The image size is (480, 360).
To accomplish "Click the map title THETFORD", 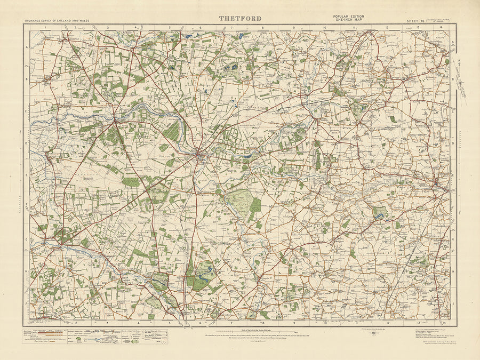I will pyautogui.click(x=240, y=19).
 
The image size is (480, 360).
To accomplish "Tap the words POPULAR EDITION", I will pyautogui.click(x=349, y=17).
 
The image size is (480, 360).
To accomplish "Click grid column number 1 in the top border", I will pyautogui.click(x=46, y=26).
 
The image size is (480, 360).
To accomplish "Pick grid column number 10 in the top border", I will pyautogui.click(x=325, y=26).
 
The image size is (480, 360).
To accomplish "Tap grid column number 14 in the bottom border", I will pyautogui.click(x=443, y=323).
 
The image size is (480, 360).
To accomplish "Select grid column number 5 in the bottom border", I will pyautogui.click(x=170, y=323).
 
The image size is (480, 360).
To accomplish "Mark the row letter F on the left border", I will pyautogui.click(x=26, y=205).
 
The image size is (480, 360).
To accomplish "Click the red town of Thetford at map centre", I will pyautogui.click(x=200, y=156).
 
